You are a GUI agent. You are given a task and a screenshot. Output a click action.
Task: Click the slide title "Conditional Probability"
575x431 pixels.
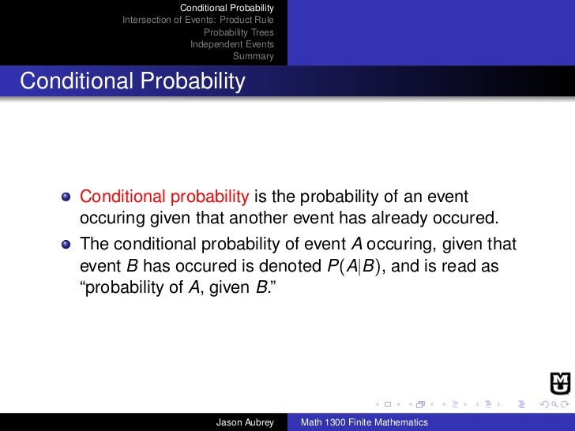(133, 81)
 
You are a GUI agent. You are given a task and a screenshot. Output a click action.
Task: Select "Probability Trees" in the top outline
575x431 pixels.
(239, 32)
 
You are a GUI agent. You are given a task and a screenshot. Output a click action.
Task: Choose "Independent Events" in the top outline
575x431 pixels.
(232, 44)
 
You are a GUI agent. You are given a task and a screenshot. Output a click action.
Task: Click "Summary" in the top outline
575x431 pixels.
(253, 56)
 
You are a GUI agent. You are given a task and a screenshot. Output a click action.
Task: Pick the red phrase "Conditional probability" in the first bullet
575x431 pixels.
(165, 196)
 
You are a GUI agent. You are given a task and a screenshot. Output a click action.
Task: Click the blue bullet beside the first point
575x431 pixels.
(66, 197)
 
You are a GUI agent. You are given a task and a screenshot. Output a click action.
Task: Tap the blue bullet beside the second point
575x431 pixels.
(66, 244)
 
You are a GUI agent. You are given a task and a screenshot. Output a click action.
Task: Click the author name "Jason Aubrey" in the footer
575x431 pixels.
(245, 423)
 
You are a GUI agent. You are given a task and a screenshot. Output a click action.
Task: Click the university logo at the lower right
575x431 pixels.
(559, 382)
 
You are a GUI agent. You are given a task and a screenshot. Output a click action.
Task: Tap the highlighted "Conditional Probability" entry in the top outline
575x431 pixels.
(227, 8)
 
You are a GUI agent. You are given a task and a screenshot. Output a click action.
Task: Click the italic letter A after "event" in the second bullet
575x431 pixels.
(344, 244)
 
